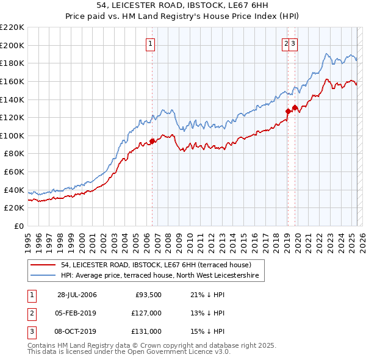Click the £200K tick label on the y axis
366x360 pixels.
pos(13,45)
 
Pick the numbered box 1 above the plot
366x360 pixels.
pos(150,43)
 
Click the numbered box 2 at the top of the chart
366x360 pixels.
pos(285,43)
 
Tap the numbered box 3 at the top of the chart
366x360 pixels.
pos(293,43)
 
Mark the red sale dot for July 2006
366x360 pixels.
pos(152,141)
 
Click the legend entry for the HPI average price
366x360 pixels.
pos(160,276)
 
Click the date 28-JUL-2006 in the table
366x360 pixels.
pos(77,295)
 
